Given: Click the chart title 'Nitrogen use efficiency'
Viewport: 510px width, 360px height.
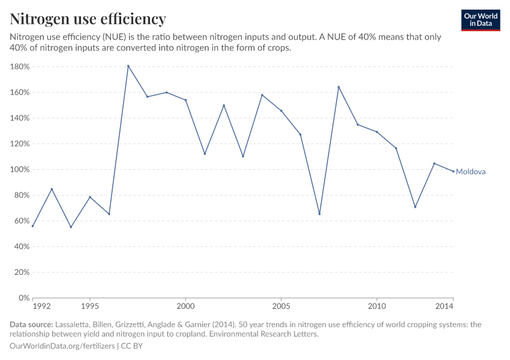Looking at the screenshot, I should (x=88, y=19).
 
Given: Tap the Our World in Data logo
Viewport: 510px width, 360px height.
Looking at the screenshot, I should (x=481, y=20).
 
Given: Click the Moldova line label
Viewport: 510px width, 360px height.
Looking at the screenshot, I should (x=470, y=172).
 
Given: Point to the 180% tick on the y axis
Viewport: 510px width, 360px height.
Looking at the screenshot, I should (x=20, y=67).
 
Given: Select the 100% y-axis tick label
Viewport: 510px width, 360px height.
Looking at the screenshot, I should (x=20, y=169).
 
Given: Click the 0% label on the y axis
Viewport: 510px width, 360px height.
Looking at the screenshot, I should (x=24, y=298).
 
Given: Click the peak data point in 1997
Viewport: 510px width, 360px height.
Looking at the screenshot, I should (x=128, y=66).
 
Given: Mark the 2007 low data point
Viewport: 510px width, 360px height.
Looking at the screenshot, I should (x=319, y=214).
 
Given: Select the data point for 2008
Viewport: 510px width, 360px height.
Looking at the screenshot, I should (x=338, y=87).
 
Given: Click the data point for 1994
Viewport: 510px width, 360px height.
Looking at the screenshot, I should (x=71, y=227).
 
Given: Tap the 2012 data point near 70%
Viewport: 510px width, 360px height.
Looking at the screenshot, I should (x=415, y=207).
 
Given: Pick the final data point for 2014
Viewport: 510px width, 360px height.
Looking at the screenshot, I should (x=453, y=172).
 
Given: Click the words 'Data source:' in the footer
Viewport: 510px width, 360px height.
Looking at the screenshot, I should (x=31, y=325).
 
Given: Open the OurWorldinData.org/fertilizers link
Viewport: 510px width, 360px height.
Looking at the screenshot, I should (x=63, y=346).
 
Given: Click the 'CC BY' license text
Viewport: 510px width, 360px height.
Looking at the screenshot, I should (x=132, y=346).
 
